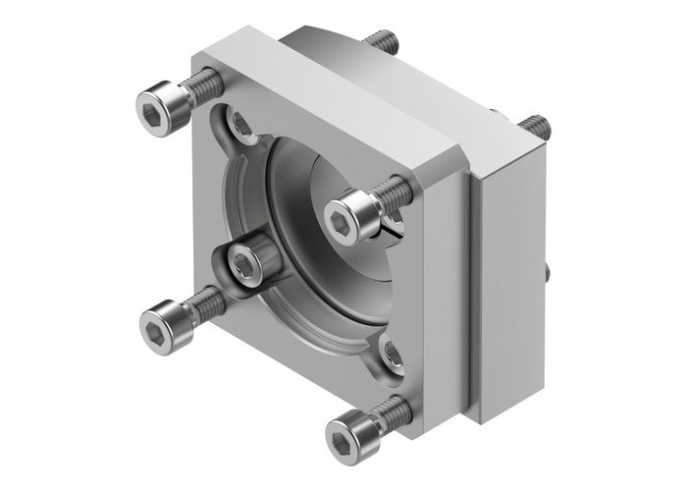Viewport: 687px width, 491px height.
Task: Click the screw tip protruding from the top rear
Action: pyautogui.click(x=384, y=41)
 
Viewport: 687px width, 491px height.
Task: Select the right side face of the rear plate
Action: pyautogui.click(x=510, y=295)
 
